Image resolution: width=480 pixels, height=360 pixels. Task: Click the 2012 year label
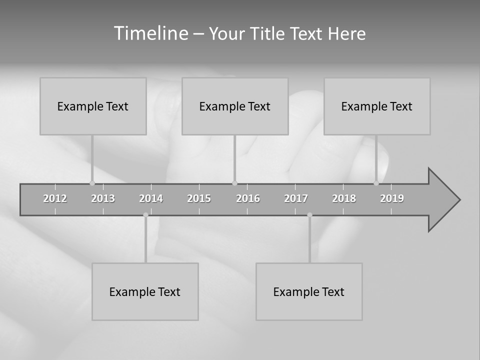pyautogui.click(x=55, y=198)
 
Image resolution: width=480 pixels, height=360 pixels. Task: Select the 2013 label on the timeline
pyautogui.click(x=103, y=198)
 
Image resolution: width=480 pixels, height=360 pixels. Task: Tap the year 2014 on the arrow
pyautogui.click(x=151, y=198)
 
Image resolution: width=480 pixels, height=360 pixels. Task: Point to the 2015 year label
pyautogui.click(x=199, y=198)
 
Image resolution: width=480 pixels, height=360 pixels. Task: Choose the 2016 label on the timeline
pyautogui.click(x=248, y=198)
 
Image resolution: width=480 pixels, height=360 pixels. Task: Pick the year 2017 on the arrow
pyautogui.click(x=296, y=198)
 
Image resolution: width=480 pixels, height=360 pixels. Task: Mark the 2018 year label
pyautogui.click(x=344, y=198)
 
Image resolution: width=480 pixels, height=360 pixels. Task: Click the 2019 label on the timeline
pyautogui.click(x=392, y=198)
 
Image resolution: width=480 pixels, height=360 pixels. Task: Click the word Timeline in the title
pyautogui.click(x=150, y=33)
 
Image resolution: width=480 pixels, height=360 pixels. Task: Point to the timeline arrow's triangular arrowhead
pyautogui.click(x=443, y=199)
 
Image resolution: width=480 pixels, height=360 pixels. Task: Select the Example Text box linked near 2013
pyautogui.click(x=93, y=106)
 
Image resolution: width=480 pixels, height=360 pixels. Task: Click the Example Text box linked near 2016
pyautogui.click(x=235, y=106)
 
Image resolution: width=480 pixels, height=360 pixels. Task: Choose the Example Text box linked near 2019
pyautogui.click(x=377, y=106)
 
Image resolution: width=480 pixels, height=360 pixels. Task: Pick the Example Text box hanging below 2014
pyautogui.click(x=145, y=291)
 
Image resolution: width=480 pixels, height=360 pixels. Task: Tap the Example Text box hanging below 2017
pyautogui.click(x=309, y=291)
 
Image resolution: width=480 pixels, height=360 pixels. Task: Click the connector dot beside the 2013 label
pyautogui.click(x=92, y=183)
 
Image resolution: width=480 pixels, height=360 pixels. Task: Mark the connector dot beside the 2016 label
pyautogui.click(x=234, y=183)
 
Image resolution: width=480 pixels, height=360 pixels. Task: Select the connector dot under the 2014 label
pyautogui.click(x=145, y=215)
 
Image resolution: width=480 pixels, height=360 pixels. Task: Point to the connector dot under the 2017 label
pyautogui.click(x=309, y=215)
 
